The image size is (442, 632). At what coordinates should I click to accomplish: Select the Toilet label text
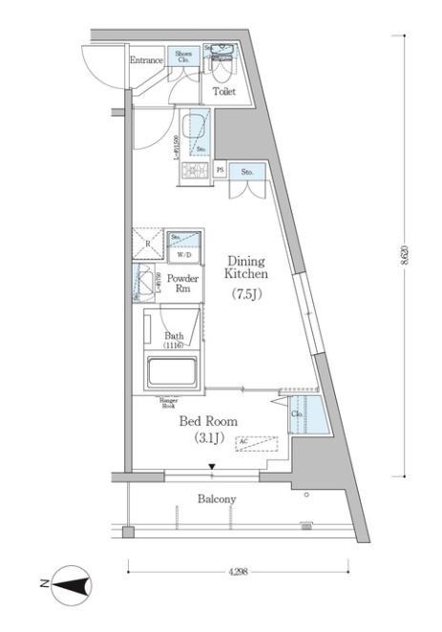[223, 93]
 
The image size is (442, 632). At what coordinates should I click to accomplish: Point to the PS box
[221, 171]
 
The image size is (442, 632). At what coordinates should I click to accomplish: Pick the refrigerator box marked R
[148, 244]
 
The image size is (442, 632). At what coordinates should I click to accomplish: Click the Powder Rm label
[182, 284]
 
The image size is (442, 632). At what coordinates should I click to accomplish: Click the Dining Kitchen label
[245, 266]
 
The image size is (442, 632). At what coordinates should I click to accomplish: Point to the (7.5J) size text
[245, 295]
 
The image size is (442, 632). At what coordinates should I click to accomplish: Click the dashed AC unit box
[255, 444]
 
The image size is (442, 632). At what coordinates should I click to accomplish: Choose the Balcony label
[217, 499]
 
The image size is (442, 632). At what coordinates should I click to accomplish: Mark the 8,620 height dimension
[409, 258]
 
